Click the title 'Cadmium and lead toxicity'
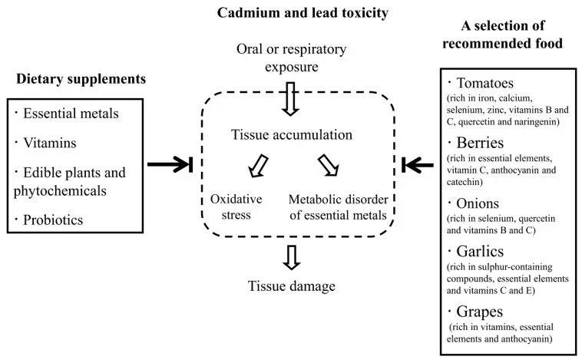(292, 14)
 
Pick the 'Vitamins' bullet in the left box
(50, 144)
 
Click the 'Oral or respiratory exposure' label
(292, 59)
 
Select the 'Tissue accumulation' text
(292, 135)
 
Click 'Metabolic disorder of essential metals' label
(338, 206)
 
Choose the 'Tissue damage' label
(292, 286)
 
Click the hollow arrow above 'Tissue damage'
(291, 256)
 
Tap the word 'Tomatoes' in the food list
(484, 83)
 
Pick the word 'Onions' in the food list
(479, 204)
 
